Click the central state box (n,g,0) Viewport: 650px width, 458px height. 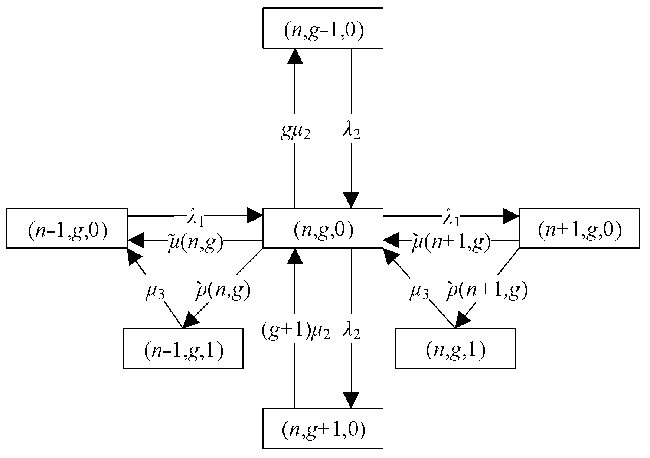pyautogui.click(x=323, y=228)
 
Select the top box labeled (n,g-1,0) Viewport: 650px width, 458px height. pyautogui.click(x=323, y=28)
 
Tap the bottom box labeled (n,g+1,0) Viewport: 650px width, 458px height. pyautogui.click(x=323, y=428)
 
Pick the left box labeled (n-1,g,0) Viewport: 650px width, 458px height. pyautogui.click(x=67, y=228)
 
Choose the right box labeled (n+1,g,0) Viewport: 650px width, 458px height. pyautogui.click(x=579, y=228)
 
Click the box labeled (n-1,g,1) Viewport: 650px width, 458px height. pyautogui.click(x=183, y=348)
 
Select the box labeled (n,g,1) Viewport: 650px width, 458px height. pyautogui.click(x=455, y=348)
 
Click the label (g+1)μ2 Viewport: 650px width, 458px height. pyautogui.click(x=295, y=331)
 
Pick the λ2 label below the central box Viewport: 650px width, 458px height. pyautogui.click(x=351, y=331)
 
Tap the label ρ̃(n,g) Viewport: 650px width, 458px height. pyautogui.click(x=223, y=291)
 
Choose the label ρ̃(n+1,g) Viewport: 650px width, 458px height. pyautogui.click(x=486, y=291)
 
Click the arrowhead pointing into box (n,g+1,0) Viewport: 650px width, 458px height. pyautogui.click(x=351, y=400)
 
